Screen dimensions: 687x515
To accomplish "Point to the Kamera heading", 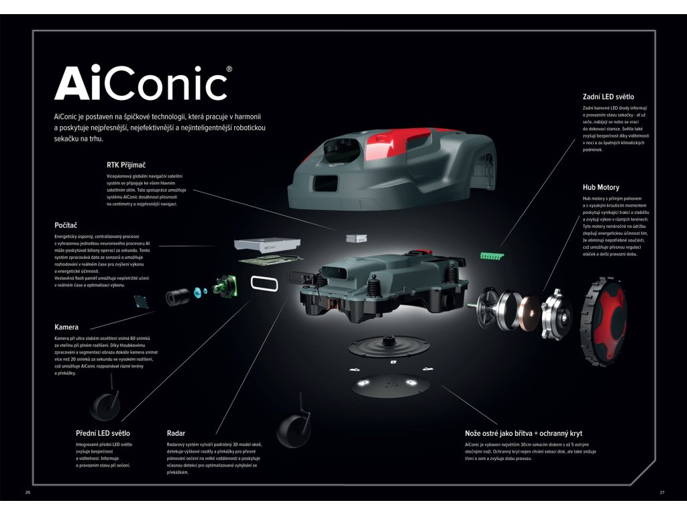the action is click(66, 327).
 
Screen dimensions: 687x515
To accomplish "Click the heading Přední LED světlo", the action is click(103, 433).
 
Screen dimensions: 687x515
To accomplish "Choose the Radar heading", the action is click(176, 433).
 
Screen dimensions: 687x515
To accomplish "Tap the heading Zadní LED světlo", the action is click(608, 97).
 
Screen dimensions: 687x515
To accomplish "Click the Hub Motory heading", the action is click(600, 187).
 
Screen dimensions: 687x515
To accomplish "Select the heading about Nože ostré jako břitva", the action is click(523, 433).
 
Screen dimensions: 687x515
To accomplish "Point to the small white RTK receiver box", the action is click(356, 238).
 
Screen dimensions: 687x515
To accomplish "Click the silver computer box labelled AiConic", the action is click(266, 245).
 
